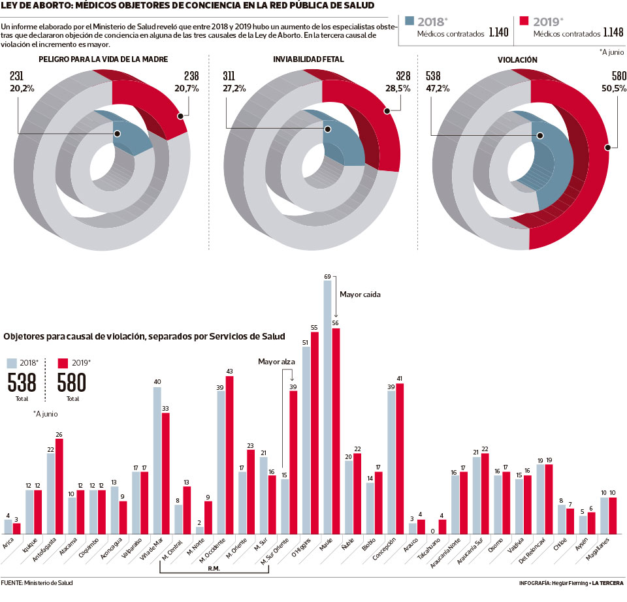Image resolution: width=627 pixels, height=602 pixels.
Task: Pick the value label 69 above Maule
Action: [x=327, y=277]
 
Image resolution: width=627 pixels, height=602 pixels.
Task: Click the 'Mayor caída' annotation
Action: [x=360, y=294]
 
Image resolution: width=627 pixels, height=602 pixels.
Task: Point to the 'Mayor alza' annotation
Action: [x=277, y=361]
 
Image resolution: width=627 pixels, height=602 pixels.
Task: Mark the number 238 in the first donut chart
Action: [x=191, y=76]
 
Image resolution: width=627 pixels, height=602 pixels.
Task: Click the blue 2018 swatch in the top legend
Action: [x=410, y=21]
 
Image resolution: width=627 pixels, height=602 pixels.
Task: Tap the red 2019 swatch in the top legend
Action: [x=524, y=21]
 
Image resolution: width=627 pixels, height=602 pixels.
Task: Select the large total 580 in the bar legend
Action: [x=72, y=383]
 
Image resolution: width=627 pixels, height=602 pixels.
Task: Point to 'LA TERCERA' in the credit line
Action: [x=607, y=582]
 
